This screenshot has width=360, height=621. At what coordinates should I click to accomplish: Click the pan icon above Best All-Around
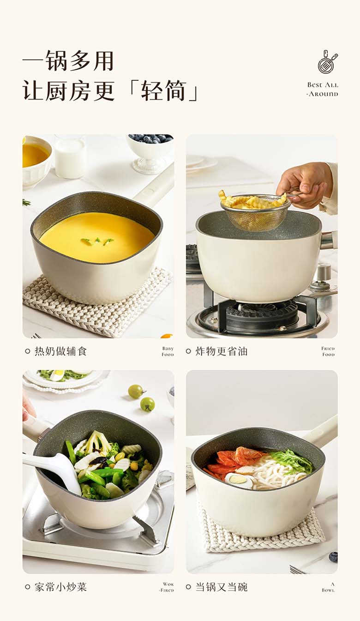[x=327, y=62]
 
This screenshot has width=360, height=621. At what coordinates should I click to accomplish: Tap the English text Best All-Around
[x=323, y=89]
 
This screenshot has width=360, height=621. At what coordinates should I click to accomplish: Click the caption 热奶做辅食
[x=60, y=351]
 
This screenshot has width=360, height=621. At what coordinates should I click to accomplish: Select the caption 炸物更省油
[x=221, y=351]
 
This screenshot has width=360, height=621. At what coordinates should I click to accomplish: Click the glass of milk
[x=69, y=158]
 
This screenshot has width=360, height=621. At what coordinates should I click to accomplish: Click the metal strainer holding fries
[x=256, y=211]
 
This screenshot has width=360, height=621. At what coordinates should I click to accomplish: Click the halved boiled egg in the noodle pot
[x=239, y=480]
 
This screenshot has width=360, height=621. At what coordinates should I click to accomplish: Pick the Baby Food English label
[x=168, y=351]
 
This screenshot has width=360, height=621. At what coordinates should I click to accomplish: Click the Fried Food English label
[x=328, y=351]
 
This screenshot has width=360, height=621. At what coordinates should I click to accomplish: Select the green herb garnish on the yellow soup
[x=97, y=241]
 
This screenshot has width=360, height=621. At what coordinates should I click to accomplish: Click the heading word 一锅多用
[x=68, y=60]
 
